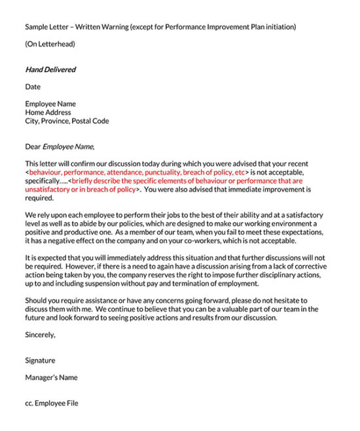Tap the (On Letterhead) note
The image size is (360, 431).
(x=50, y=44)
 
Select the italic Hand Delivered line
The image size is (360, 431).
(x=50, y=69)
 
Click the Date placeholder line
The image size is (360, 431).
(x=33, y=86)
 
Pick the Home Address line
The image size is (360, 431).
(x=48, y=113)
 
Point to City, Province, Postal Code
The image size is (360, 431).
(x=67, y=121)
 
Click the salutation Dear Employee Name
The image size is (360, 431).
(x=60, y=147)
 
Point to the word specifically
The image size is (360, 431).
(x=45, y=181)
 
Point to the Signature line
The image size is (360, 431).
(x=40, y=360)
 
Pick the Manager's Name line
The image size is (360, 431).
(x=51, y=377)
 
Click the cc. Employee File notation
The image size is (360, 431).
(x=52, y=403)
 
